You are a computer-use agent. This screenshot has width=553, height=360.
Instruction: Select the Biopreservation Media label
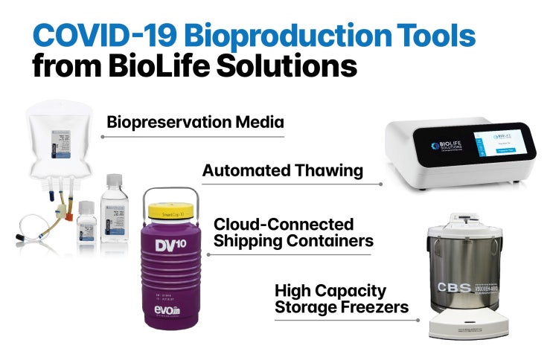pos(196,122)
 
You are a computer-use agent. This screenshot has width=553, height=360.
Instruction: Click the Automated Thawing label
pos(283,170)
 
